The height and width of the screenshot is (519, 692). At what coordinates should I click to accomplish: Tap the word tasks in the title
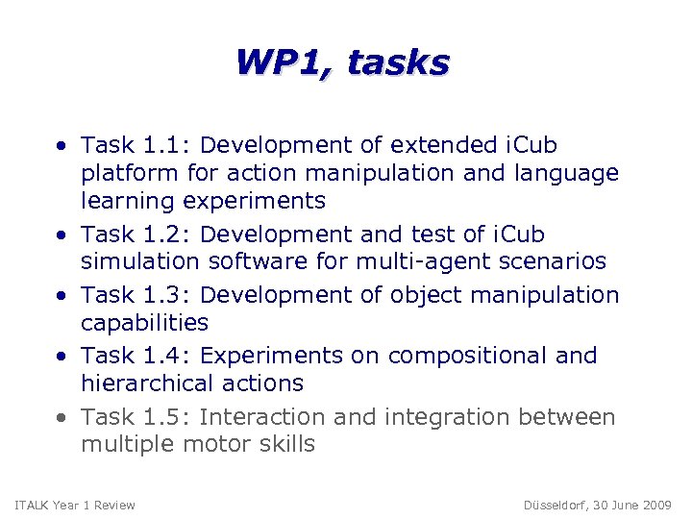[x=398, y=62]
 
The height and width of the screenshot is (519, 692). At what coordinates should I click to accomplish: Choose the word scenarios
[x=559, y=261]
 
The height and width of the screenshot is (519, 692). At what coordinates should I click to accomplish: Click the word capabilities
[x=144, y=322]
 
